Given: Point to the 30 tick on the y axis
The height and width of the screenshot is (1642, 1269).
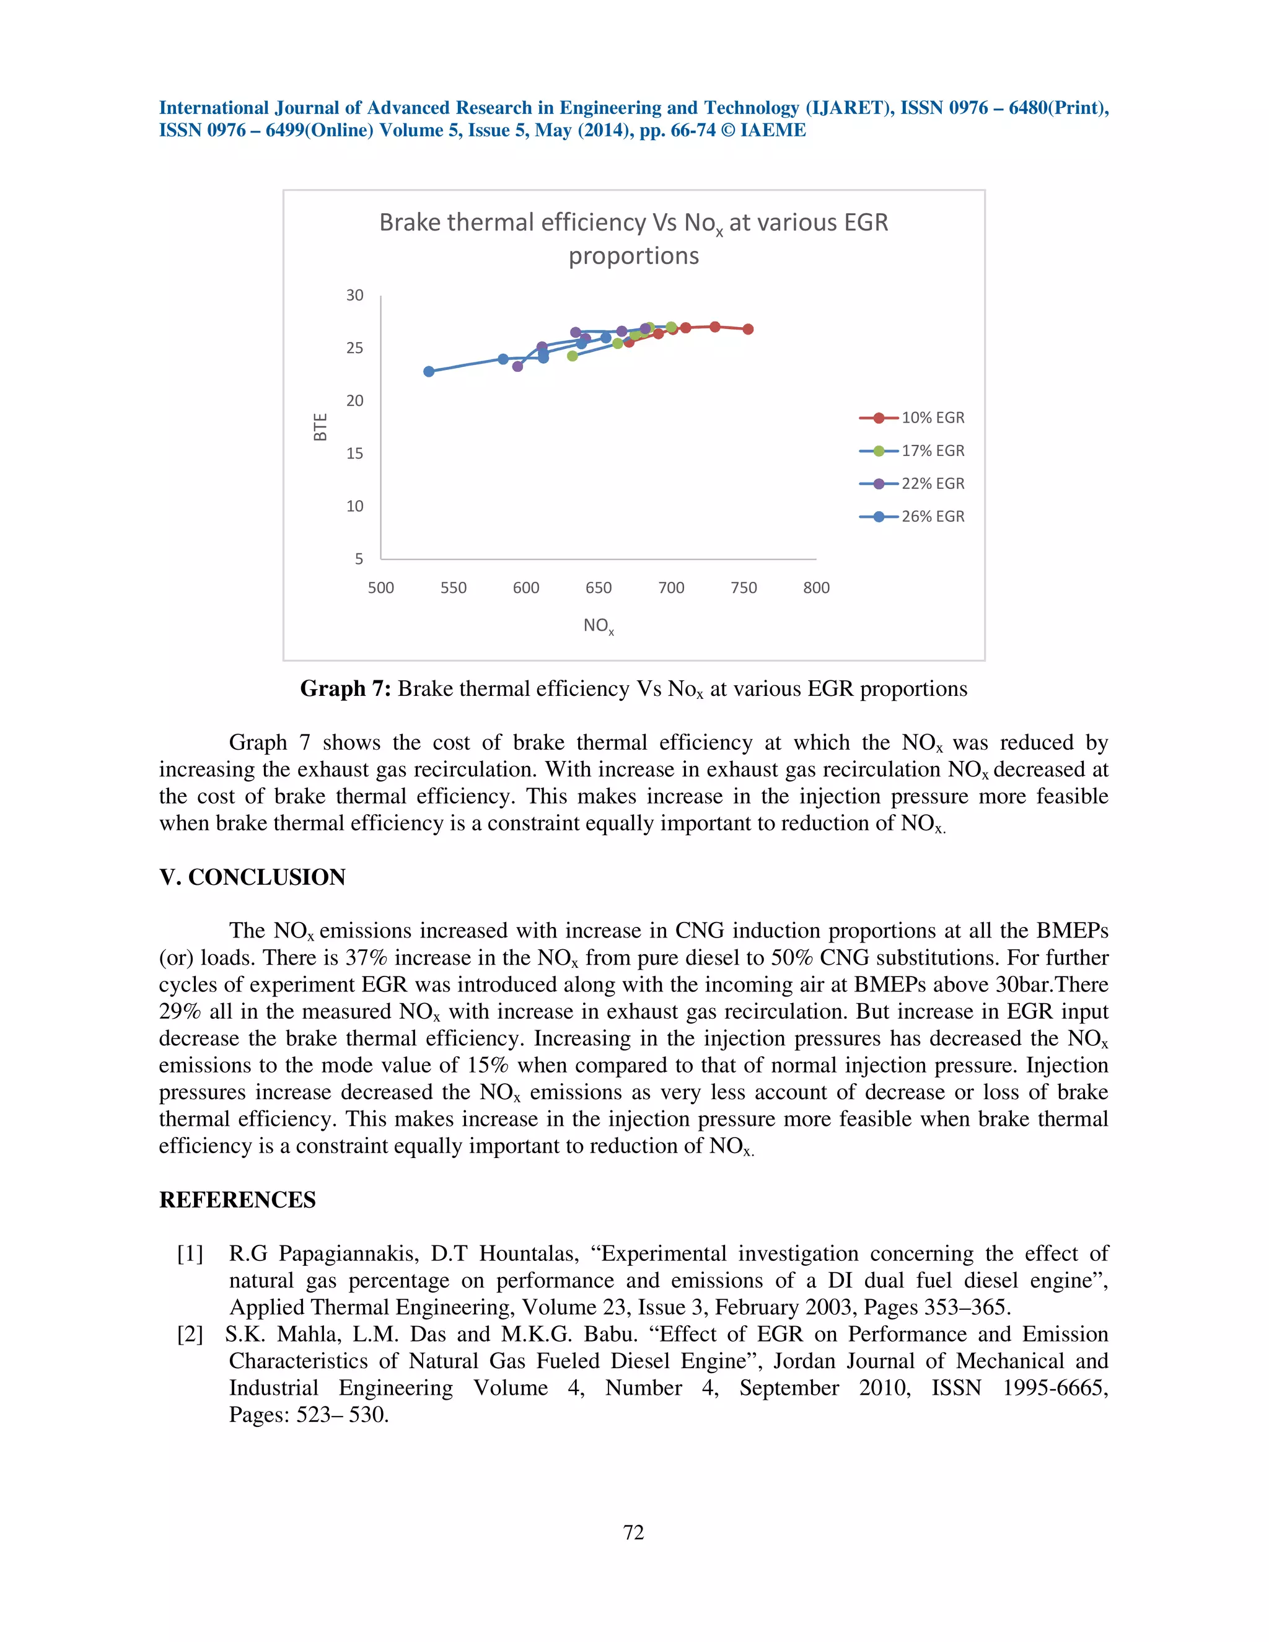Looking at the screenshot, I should (x=355, y=296).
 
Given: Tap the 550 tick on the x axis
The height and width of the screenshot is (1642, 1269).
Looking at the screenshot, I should (x=454, y=588).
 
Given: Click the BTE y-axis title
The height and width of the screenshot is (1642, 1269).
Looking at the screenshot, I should (x=321, y=427).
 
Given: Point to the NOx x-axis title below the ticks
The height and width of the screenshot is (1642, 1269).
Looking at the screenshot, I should (x=599, y=626).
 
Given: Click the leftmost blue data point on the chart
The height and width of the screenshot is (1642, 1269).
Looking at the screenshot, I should (x=429, y=371).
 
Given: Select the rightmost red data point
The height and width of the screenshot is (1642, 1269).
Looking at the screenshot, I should (x=748, y=329).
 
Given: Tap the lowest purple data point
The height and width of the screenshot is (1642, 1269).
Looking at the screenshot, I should (x=517, y=366).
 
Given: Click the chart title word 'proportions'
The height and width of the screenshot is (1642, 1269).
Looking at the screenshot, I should (x=633, y=257).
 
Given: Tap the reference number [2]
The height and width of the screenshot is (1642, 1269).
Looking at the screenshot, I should (x=190, y=1335).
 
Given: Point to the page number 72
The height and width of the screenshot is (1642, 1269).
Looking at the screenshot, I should (x=634, y=1532).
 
